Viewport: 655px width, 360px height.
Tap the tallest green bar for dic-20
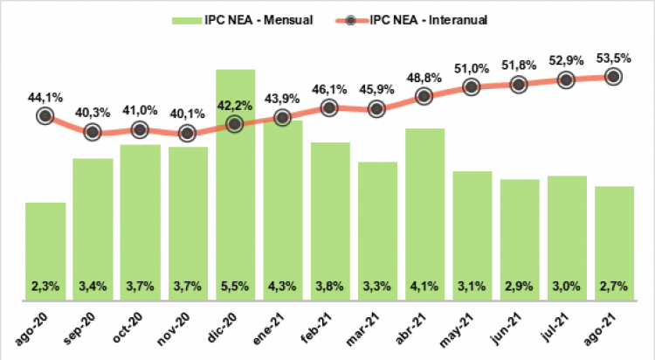236,192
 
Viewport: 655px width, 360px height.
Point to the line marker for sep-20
93,132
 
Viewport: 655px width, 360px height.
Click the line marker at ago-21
614,77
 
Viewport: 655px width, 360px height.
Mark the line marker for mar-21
377,109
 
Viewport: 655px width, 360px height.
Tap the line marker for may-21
472,87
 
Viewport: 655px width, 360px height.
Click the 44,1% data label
45,98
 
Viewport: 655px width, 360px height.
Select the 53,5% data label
614,58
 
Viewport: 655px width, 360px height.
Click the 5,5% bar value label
236,286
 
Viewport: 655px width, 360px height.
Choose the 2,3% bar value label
45,286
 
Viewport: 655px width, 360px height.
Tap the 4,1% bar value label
425,286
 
